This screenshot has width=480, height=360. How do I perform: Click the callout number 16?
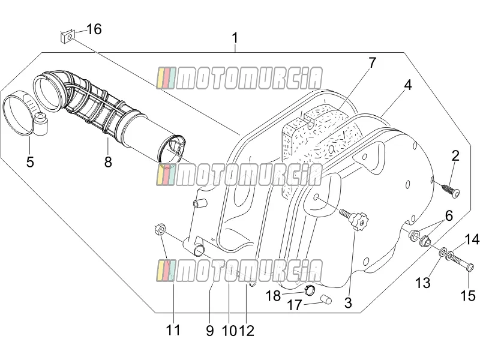click(94, 29)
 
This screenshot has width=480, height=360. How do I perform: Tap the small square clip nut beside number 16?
click(68, 37)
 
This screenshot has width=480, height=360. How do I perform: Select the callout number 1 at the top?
click(235, 38)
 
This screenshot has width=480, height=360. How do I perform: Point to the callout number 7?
click(371, 63)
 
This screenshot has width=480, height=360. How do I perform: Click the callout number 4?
click(407, 85)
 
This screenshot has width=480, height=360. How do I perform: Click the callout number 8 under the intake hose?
click(108, 161)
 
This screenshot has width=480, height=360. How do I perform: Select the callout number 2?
click(455, 156)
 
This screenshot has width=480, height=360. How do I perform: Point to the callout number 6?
click(449, 216)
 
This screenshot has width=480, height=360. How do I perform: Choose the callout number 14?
click(472, 239)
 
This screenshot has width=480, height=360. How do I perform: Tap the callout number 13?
click(423, 283)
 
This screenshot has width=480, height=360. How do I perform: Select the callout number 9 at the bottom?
click(209, 331)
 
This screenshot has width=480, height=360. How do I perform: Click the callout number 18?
click(273, 296)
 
